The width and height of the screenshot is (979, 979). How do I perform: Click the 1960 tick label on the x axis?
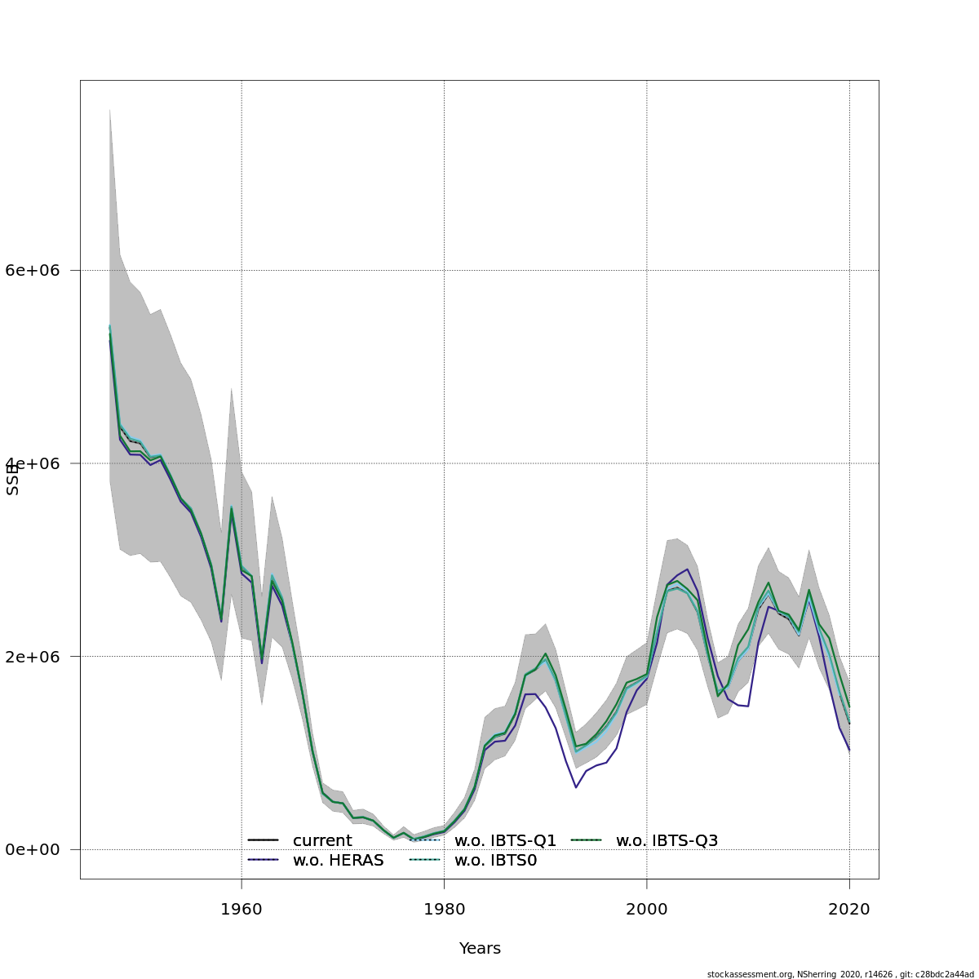[241, 909]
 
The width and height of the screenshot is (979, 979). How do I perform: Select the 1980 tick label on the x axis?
[444, 909]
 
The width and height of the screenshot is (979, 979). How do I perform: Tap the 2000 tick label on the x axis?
[647, 909]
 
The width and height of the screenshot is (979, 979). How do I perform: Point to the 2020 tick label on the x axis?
[849, 909]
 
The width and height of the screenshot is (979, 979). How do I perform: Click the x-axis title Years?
[480, 949]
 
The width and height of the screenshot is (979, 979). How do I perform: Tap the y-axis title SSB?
[13, 479]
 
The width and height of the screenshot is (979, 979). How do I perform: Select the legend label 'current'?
[322, 840]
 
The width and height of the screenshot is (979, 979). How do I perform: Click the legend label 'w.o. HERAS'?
[338, 861]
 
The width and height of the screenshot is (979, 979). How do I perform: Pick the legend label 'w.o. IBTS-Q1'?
[505, 840]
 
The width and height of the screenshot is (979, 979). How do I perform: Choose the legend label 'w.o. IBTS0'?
[495, 861]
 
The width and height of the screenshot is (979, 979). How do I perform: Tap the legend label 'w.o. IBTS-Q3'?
[667, 840]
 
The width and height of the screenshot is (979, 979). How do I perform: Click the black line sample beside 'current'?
[264, 840]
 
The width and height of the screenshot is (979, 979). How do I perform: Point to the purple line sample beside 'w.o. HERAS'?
[264, 861]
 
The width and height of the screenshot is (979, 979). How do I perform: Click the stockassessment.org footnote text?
[840, 974]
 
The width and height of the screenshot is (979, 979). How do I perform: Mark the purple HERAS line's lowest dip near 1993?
[576, 787]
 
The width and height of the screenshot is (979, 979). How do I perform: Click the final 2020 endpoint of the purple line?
[849, 751]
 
